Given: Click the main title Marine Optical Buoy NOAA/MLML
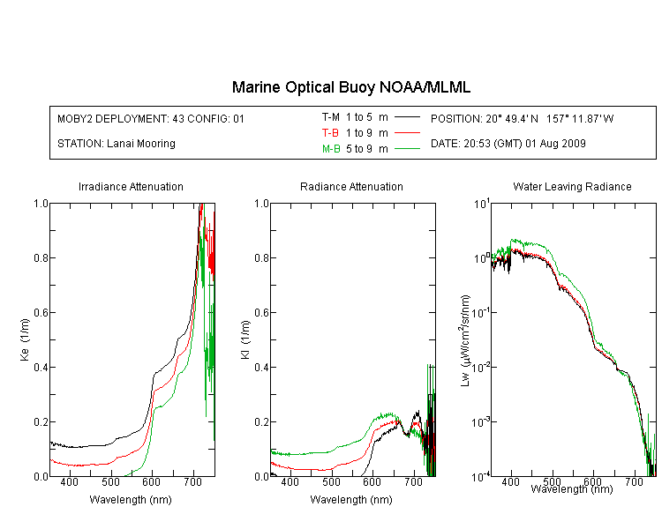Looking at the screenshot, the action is coord(351,87).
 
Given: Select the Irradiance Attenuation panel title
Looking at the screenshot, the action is coord(131,186).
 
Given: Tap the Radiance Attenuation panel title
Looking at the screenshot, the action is coord(351,186).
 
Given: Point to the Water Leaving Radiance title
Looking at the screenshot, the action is coord(572,186).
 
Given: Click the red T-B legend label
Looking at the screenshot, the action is coord(330,133).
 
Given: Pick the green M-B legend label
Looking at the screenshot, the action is coord(331,148).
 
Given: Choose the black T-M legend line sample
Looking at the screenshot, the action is coord(407,117).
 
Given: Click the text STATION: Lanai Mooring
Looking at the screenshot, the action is coord(117,144).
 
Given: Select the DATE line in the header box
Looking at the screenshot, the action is coord(508,144).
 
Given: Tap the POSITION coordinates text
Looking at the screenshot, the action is coord(522,118).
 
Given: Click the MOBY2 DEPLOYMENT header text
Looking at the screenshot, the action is coord(151,118).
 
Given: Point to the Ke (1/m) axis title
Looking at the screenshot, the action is coord(25,339).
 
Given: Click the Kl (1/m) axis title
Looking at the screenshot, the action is coord(245,339).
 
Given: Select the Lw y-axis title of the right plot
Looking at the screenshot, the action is coord(465,340).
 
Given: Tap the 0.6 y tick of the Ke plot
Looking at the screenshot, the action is coord(41,312).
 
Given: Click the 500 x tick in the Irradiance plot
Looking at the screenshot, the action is coord(111,481).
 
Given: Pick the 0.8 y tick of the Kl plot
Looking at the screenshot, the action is coord(261,257).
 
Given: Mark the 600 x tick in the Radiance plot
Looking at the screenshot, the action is coord(372,481).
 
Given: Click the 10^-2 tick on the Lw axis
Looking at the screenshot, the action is coord(480,367).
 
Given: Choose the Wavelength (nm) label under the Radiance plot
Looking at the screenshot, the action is coord(351,500).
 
